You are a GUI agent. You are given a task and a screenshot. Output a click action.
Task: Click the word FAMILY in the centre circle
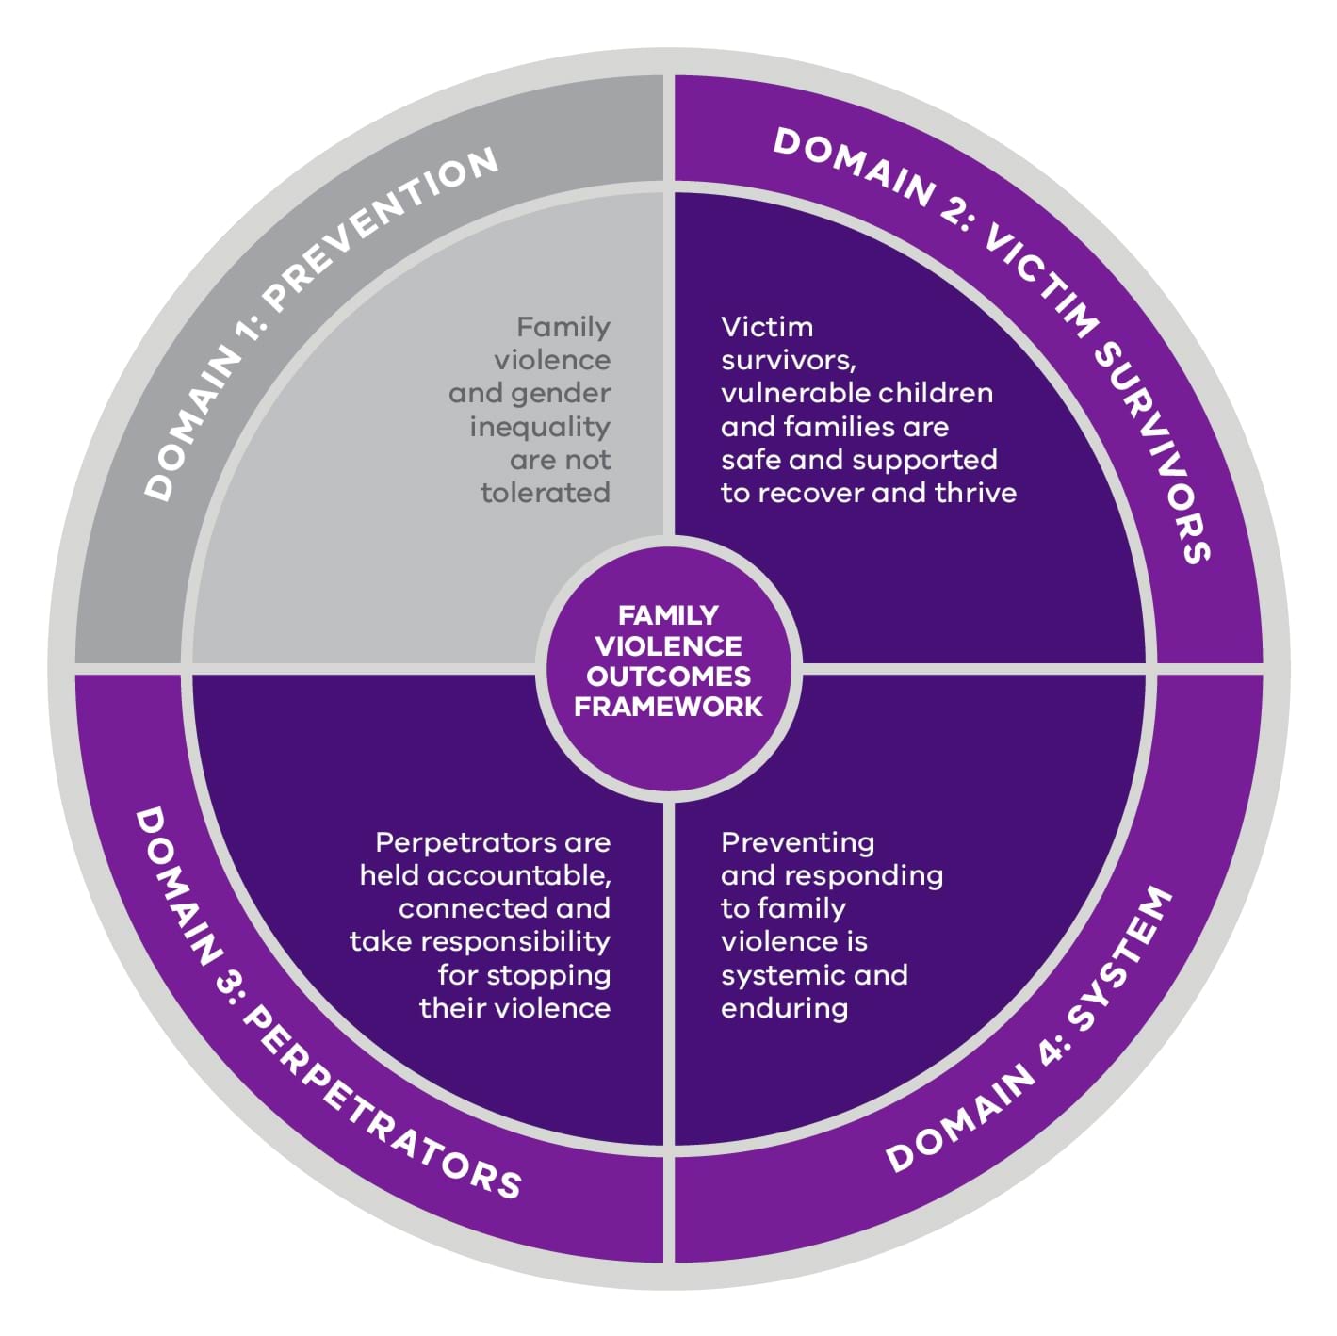668,615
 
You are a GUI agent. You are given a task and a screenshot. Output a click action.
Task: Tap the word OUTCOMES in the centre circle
668,676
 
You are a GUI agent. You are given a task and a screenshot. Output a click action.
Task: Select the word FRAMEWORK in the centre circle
668,707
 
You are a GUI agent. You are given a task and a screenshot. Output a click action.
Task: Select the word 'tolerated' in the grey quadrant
545,493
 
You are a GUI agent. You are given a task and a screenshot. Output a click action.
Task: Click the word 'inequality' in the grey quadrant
540,427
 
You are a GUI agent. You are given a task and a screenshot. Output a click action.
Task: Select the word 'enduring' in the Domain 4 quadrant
784,1009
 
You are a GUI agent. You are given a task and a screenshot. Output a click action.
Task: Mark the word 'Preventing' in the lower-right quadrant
797,842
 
